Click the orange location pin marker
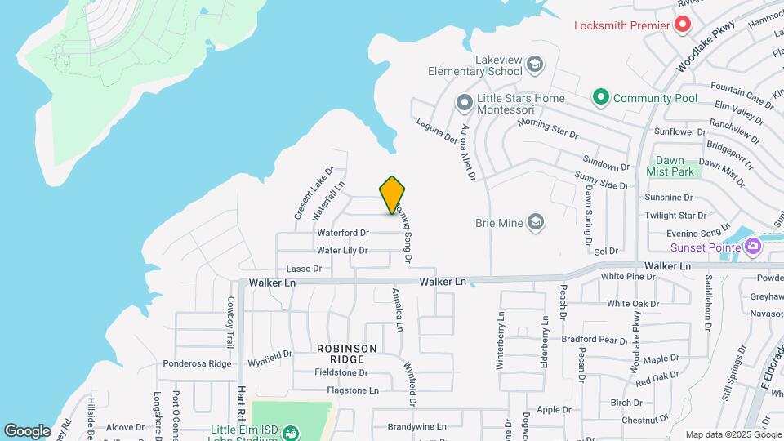[x=393, y=195]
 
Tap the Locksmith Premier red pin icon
[x=681, y=25]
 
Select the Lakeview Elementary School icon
[x=535, y=64]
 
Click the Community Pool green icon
[x=601, y=98]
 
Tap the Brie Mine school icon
[x=535, y=222]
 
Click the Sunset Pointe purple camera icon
[x=751, y=246]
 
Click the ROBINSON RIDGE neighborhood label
[x=347, y=354]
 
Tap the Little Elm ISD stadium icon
[x=290, y=434]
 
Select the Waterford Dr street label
[x=343, y=234]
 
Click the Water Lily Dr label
[x=342, y=251]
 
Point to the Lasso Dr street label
[x=305, y=269]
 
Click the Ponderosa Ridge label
[x=197, y=363]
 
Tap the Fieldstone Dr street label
[x=342, y=372]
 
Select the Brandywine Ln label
[x=416, y=426]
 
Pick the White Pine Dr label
[x=627, y=277]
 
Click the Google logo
[x=28, y=431]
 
